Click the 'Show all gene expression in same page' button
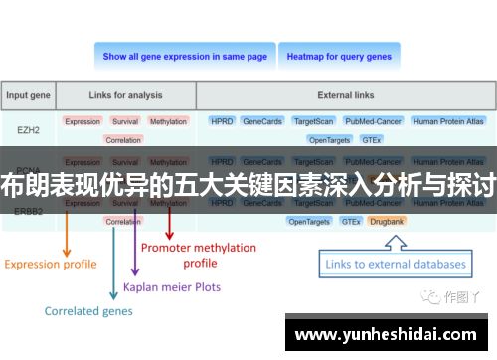185,57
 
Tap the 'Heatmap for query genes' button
339,57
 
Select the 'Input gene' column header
30,96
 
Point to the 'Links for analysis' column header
125,96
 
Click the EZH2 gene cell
30,129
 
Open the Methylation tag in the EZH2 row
168,121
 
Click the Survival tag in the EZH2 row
125,121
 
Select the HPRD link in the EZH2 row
221,121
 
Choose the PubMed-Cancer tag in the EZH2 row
372,121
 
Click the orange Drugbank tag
386,221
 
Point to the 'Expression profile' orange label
51,264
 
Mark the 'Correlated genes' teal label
87,311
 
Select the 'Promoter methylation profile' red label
199,255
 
